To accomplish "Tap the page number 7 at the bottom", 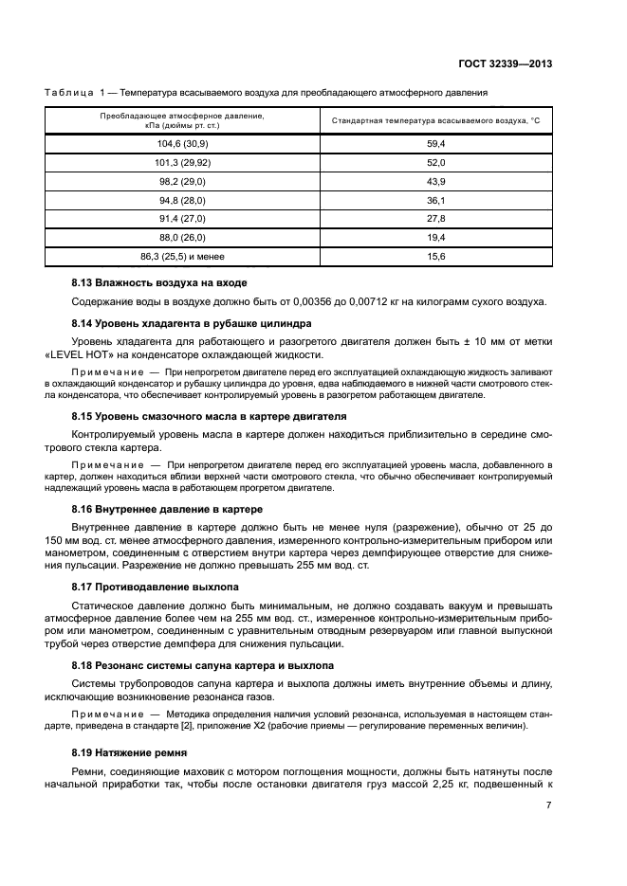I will tap(549, 805).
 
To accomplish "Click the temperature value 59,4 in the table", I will tap(435, 142).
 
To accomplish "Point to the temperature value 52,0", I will tap(435, 162).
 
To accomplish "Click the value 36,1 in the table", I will tap(435, 200).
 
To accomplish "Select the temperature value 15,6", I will tap(435, 257).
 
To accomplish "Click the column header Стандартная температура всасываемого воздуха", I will tap(435, 120).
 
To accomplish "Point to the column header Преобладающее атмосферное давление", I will tap(182, 120).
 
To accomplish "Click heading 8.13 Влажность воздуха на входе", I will tap(159, 283).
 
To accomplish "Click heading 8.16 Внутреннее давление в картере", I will tap(168, 509).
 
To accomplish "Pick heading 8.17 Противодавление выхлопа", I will tap(156, 588).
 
